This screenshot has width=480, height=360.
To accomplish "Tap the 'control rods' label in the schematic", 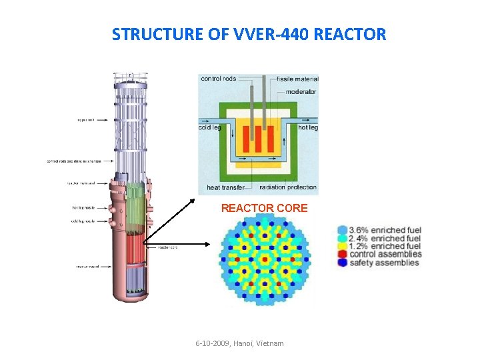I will pos(219,79).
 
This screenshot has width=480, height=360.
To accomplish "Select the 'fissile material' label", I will pos(297,79).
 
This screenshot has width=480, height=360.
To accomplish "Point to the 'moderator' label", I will pos(301,92).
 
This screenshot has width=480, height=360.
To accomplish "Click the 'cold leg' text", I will pos(211,127).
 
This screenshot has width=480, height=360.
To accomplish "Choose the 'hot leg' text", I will pos(307,127).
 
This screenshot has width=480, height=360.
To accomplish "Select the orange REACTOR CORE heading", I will pos(264,208).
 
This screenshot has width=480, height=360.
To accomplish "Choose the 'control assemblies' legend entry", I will pos(386,254).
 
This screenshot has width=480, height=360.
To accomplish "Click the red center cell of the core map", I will pos(265,259).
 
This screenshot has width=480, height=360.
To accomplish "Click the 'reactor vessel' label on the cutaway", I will pos(89,267).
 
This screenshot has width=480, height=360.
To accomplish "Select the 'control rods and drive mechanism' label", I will pos(74,161).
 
